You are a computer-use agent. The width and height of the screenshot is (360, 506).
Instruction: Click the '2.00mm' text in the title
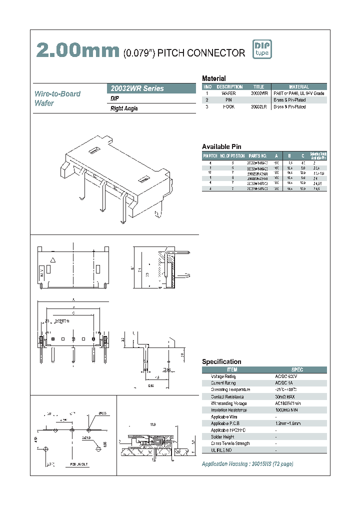click(x=77, y=50)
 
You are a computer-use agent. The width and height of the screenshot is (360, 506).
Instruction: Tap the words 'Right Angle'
click(x=124, y=108)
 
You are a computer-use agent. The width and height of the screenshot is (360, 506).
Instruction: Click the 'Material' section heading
click(x=214, y=78)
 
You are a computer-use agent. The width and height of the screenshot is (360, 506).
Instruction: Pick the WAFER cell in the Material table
click(x=228, y=93)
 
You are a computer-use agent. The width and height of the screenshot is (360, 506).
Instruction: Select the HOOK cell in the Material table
click(x=228, y=107)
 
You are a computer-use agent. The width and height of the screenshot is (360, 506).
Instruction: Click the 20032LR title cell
click(x=259, y=107)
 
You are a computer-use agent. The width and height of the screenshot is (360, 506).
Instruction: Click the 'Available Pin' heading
click(x=221, y=146)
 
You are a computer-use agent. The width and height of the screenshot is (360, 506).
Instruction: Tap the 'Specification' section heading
click(x=221, y=361)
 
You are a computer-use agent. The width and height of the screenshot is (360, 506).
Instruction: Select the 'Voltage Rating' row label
click(x=223, y=376)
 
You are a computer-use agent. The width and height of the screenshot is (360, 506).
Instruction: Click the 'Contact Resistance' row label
click(x=226, y=396)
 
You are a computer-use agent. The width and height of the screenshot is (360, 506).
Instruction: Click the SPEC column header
click(x=297, y=369)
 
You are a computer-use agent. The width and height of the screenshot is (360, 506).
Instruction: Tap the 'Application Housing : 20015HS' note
click(x=247, y=464)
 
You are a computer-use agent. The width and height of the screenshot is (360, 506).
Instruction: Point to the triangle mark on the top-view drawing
click(x=52, y=260)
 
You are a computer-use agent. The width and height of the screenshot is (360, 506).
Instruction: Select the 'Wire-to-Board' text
click(x=57, y=94)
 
